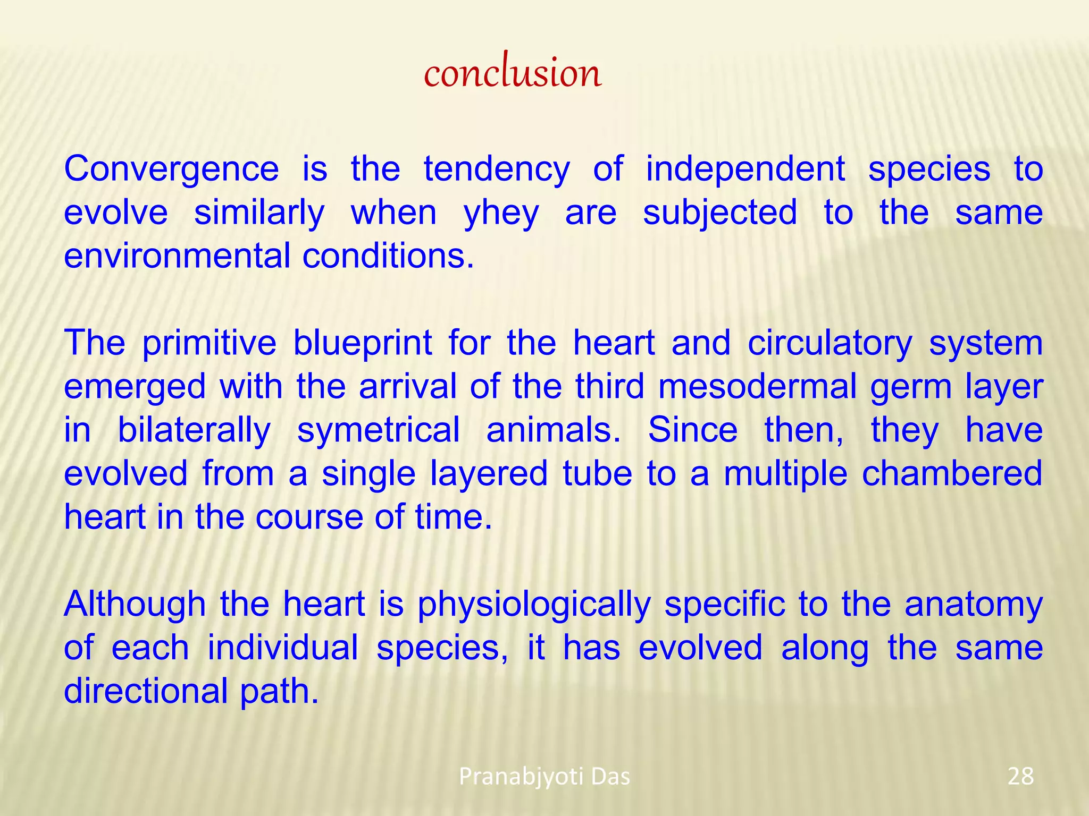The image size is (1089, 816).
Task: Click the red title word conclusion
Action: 512,73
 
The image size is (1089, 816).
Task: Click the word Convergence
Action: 171,169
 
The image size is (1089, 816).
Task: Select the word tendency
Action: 496,169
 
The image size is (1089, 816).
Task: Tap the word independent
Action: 745,169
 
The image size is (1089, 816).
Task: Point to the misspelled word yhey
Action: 501,214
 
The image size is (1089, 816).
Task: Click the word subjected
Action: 720,212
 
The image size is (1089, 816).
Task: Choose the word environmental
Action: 177,256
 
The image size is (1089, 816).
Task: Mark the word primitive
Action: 209,343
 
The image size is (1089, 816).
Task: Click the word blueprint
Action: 362,343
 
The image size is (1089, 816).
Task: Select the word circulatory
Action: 830,343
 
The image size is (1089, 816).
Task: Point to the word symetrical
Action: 378,430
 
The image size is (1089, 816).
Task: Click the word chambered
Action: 952,473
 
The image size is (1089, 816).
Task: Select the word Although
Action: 135,605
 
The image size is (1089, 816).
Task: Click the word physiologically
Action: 534,605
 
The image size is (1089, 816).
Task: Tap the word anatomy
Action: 974,605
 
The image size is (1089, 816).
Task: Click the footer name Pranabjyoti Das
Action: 544,777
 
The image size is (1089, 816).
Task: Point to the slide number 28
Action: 1020,777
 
